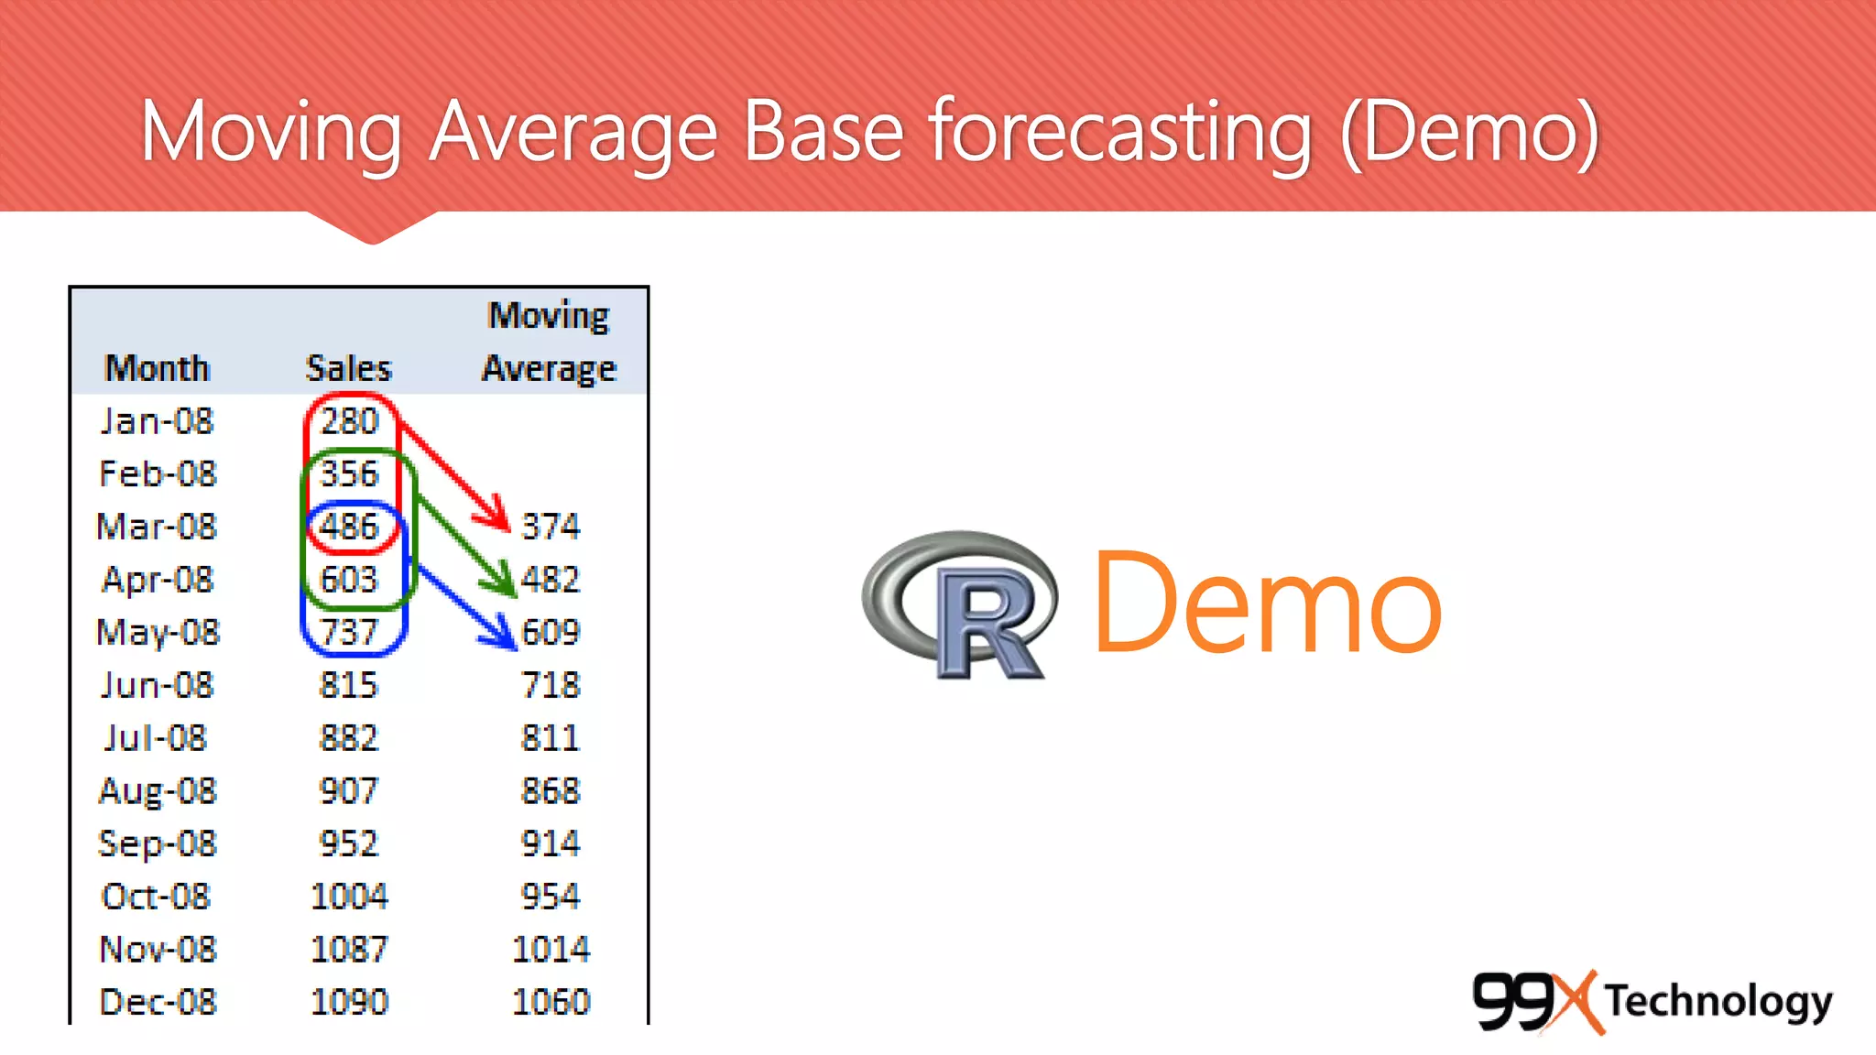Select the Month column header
coord(158,368)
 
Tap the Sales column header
coord(348,368)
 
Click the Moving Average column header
coord(549,342)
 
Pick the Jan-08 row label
coord(157,421)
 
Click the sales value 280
coord(349,421)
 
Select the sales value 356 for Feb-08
coord(349,473)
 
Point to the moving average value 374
coord(551,527)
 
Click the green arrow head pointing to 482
coord(504,583)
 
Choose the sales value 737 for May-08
coord(349,632)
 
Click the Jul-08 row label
coord(156,738)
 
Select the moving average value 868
coord(551,790)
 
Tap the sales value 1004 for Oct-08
coord(349,897)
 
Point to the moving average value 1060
coord(551,1002)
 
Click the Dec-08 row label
coord(158,1002)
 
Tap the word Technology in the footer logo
coord(1718,1001)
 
